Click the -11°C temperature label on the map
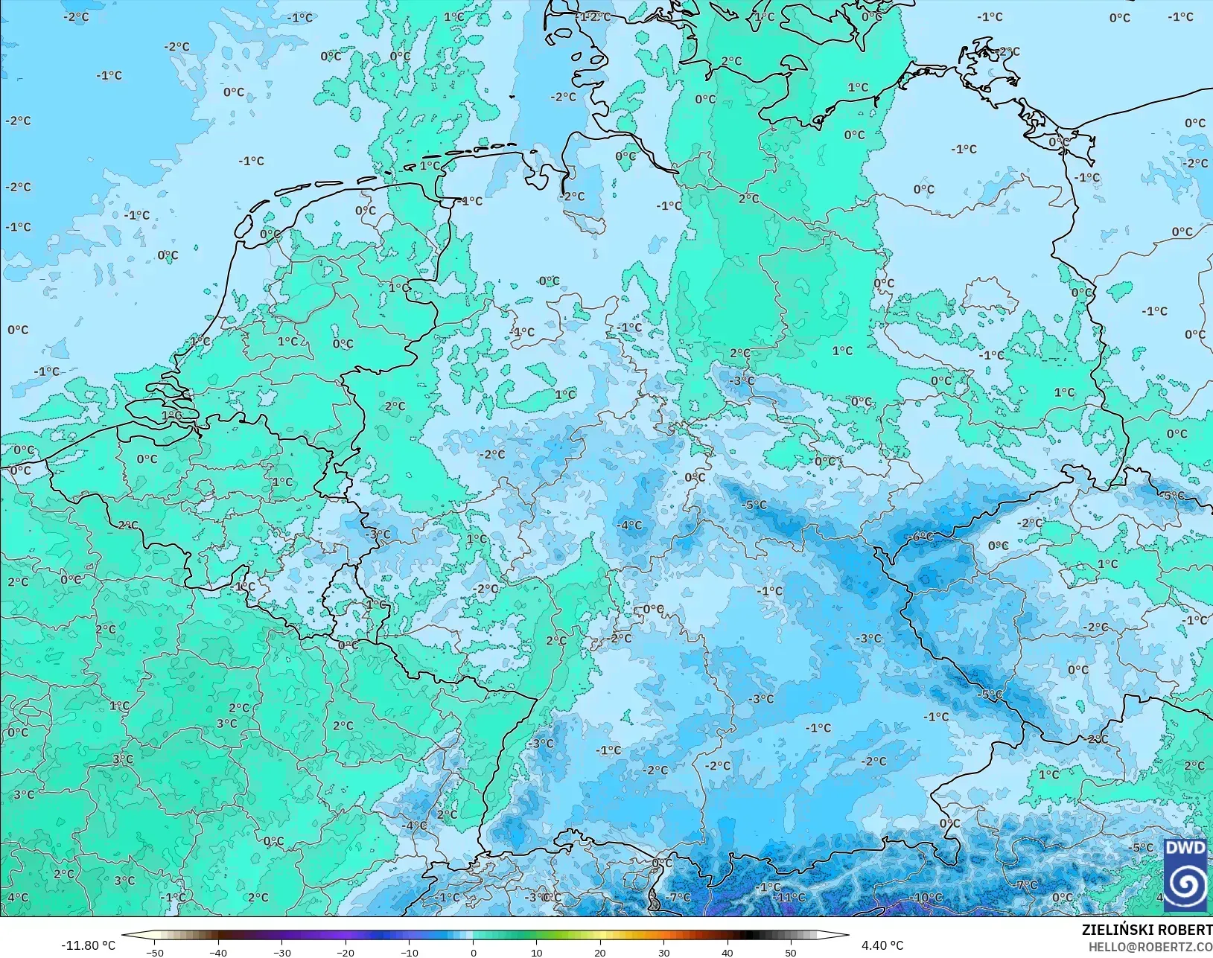[x=789, y=898]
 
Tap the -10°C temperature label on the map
[x=928, y=898]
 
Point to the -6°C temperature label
[x=920, y=537]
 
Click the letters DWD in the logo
[x=1185, y=849]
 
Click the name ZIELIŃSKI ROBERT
[x=1147, y=930]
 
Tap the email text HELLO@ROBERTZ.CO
[x=1150, y=948]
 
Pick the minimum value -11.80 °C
[x=88, y=945]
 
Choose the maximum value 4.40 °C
[x=882, y=945]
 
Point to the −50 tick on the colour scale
[x=156, y=952]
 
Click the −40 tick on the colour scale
[x=218, y=952]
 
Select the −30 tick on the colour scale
[x=281, y=952]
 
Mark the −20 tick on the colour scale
[x=346, y=952]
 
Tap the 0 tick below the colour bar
[x=473, y=952]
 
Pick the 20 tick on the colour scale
[x=600, y=952]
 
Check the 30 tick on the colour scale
[x=663, y=952]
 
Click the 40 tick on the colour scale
[x=728, y=952]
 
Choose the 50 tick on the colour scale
[x=791, y=952]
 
